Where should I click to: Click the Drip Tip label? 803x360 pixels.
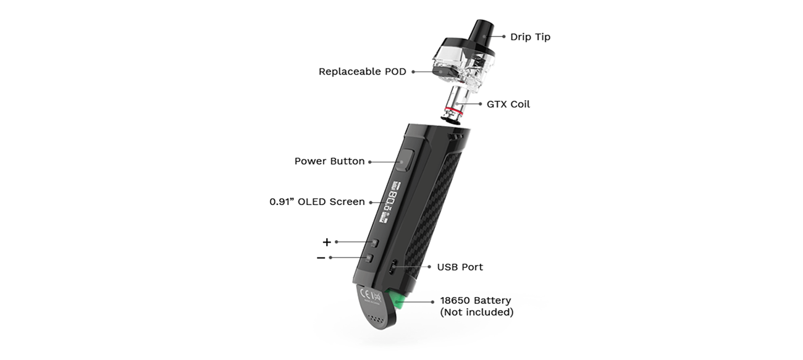(x=530, y=37)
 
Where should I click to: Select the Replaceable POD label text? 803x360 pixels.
(x=363, y=72)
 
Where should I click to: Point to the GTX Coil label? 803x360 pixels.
(x=508, y=104)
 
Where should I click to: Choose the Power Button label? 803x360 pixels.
(x=329, y=161)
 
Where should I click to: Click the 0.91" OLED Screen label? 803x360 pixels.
(x=317, y=202)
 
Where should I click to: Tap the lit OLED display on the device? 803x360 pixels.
(x=390, y=202)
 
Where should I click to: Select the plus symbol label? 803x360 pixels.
(x=327, y=243)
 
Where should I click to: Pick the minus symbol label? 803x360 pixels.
(x=321, y=258)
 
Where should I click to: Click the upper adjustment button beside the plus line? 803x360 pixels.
(x=374, y=243)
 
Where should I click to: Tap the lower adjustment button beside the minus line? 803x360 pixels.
(x=369, y=258)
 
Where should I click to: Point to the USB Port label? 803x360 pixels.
(x=460, y=267)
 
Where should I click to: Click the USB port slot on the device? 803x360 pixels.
(x=393, y=267)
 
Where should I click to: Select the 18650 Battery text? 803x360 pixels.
(x=476, y=300)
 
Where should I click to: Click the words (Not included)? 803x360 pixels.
(x=477, y=312)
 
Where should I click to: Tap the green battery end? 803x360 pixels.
(x=395, y=299)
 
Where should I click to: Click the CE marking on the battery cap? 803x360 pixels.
(x=366, y=295)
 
